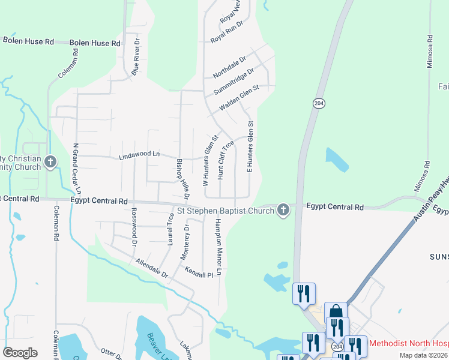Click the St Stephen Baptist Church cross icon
point(283,210)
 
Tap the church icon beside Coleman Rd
point(50,161)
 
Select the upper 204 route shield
point(318,103)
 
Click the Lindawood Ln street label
point(139,155)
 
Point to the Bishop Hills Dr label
point(182,178)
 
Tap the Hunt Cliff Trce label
point(225,160)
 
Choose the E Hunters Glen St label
point(250,147)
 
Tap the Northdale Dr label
point(229,67)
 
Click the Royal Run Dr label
point(226,32)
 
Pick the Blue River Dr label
point(137,57)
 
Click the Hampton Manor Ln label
point(218,247)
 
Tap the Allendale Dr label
point(151,268)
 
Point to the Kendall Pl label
point(199,272)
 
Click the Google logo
point(20,352)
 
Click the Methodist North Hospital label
point(408,344)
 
